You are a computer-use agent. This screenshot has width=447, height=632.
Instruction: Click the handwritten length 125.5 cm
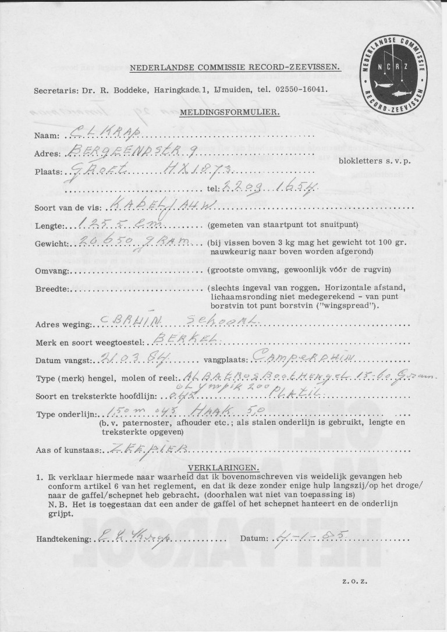point(110,223)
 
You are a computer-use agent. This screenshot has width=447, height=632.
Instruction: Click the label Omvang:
point(52,271)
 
